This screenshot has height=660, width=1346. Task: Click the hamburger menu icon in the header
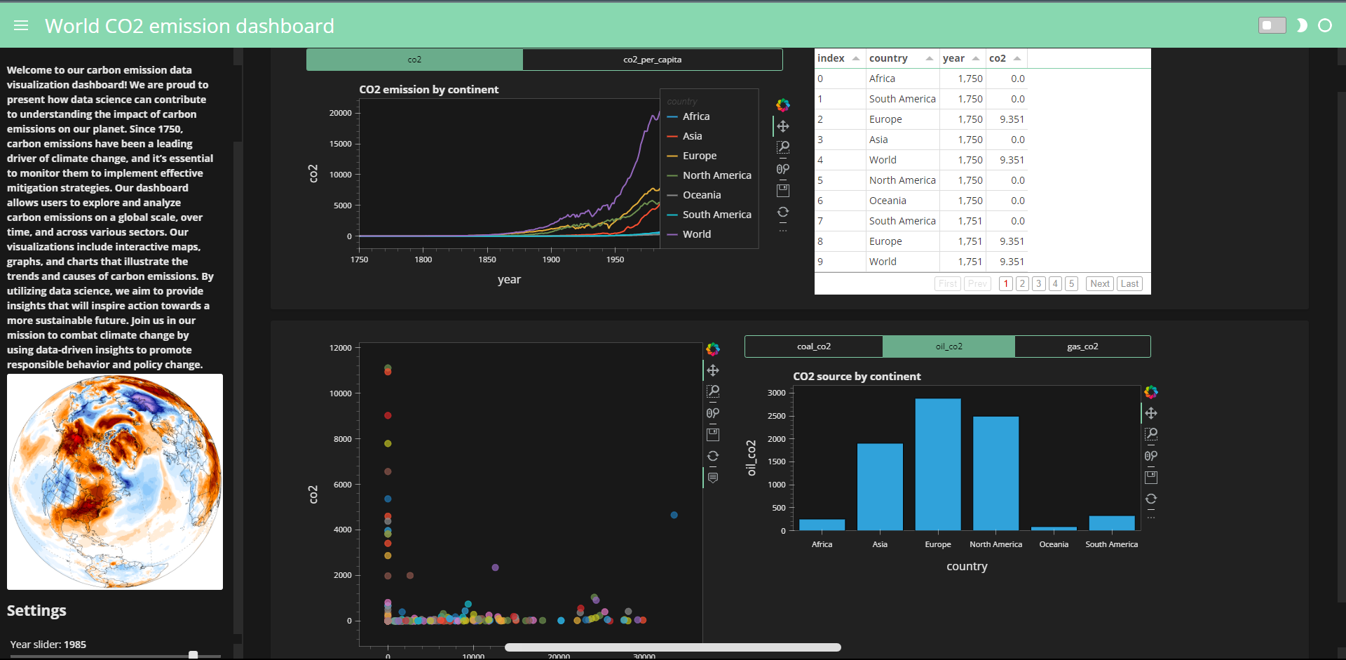pos(21,26)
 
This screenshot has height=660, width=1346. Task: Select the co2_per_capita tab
pos(652,60)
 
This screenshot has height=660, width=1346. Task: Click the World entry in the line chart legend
pos(696,234)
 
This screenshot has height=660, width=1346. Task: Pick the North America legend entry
pos(716,175)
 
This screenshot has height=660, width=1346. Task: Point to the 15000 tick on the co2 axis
pos(341,144)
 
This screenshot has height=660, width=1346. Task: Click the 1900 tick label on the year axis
pos(551,260)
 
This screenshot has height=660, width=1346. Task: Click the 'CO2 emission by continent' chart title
pos(428,90)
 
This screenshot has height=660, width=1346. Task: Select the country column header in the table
pos(888,58)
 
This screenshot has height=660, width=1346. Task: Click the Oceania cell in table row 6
pos(888,201)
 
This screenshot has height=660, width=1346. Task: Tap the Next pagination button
pos(1099,283)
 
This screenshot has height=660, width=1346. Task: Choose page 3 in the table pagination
pos(1039,283)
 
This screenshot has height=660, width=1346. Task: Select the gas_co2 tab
pos(1082,346)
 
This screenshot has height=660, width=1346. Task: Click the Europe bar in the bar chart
pos(937,463)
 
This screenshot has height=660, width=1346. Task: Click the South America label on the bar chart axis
pos(1111,544)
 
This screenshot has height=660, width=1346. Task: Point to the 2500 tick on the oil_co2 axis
pos(776,416)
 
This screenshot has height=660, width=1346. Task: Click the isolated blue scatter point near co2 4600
pos(674,515)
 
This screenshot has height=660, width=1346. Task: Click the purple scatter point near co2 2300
pos(495,567)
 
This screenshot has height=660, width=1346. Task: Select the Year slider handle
pos(193,655)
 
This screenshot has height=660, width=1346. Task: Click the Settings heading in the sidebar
pos(36,610)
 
